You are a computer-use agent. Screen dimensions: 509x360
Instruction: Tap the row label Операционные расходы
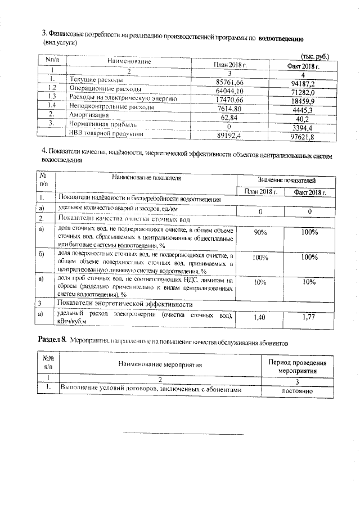pos(101,89)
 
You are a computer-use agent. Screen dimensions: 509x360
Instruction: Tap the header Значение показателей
pos(286,180)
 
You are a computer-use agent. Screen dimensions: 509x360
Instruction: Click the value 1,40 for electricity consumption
pos(259,318)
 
